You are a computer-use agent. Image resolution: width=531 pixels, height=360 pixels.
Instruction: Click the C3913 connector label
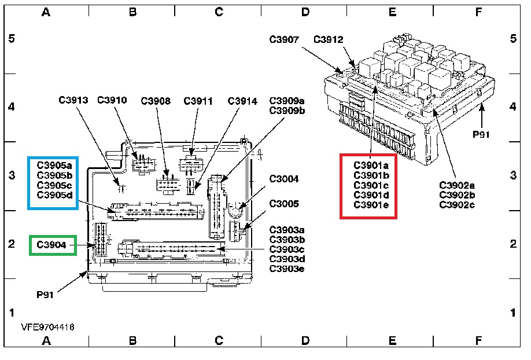[x=73, y=100]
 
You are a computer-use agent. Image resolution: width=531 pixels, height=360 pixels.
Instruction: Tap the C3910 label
[x=112, y=100]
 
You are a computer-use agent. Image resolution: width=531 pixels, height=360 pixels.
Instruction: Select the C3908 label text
[x=156, y=101]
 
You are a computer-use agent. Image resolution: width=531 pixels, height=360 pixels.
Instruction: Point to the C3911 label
[x=198, y=101]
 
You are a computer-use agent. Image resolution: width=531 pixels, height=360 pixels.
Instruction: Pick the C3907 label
[x=284, y=40]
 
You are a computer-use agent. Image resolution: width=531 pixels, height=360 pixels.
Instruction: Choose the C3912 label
[x=328, y=40]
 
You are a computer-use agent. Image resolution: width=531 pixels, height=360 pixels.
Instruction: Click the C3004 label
[x=284, y=179]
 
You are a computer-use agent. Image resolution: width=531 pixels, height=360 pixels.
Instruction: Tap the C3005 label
[x=284, y=204]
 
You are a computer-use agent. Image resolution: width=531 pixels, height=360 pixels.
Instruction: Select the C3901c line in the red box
[x=371, y=185]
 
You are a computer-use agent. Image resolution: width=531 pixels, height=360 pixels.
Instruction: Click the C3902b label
[x=456, y=194]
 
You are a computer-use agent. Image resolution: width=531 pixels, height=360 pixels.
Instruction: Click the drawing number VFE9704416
[x=47, y=327]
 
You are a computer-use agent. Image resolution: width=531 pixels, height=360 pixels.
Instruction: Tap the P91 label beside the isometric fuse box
[x=481, y=134]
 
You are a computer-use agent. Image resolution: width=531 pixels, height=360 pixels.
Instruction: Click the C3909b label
[x=286, y=111]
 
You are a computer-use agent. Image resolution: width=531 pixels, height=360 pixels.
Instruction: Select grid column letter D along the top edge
[x=305, y=12]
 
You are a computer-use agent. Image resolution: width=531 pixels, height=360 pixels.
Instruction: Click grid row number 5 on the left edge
[x=10, y=39]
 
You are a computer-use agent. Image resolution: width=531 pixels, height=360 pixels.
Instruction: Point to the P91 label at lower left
[x=45, y=295]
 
